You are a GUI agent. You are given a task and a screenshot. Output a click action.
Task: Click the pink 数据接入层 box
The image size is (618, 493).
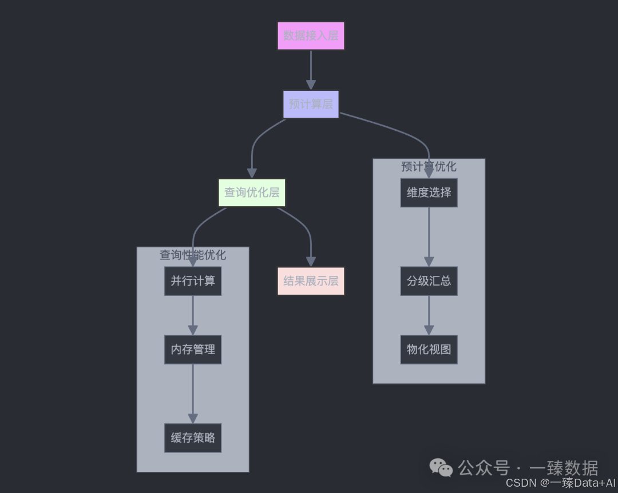(311, 36)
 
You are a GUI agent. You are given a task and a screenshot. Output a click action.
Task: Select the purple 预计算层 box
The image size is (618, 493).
(311, 105)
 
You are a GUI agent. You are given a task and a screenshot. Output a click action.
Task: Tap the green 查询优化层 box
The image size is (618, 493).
(252, 193)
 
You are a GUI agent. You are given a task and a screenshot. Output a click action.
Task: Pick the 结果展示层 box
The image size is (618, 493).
(311, 281)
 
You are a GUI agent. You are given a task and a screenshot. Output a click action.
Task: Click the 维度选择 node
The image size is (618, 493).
(429, 193)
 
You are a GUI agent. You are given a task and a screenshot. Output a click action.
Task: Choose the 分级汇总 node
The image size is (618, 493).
(429, 281)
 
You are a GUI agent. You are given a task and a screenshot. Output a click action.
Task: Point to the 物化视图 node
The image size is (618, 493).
(429, 350)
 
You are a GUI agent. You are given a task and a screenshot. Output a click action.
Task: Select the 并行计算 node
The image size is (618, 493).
(193, 281)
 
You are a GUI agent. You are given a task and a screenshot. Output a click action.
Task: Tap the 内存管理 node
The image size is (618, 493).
(193, 350)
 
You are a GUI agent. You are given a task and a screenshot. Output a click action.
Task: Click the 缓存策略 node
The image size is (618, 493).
(193, 438)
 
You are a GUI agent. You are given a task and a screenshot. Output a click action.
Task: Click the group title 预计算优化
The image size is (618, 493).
(429, 167)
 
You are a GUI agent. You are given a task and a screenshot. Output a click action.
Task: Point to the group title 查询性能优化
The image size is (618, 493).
(193, 255)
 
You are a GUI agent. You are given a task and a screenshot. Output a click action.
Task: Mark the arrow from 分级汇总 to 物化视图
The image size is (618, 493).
(429, 314)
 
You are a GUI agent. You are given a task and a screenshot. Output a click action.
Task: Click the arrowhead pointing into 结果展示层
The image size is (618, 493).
(311, 261)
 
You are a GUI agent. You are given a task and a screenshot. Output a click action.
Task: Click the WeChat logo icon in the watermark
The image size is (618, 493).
(441, 468)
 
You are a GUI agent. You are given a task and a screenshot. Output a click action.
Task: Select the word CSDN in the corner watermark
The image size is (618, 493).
(520, 483)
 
